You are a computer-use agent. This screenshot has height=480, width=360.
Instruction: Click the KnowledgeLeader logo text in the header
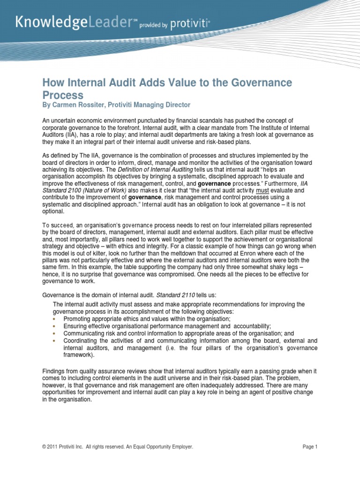click(x=75, y=22)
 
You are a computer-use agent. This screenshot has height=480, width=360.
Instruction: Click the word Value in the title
click(x=164, y=82)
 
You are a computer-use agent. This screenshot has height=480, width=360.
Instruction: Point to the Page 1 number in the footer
click(x=310, y=447)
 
